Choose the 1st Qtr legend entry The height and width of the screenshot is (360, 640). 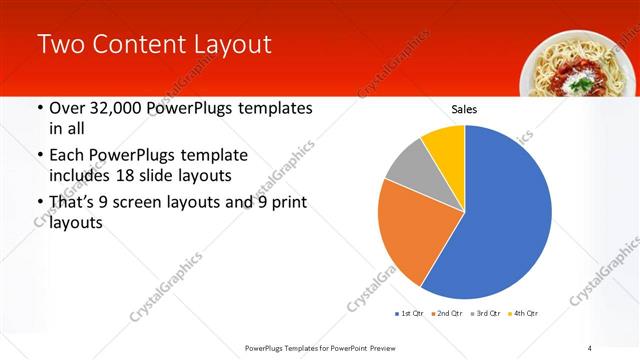(x=411, y=313)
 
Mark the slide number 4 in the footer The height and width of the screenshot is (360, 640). (x=590, y=347)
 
